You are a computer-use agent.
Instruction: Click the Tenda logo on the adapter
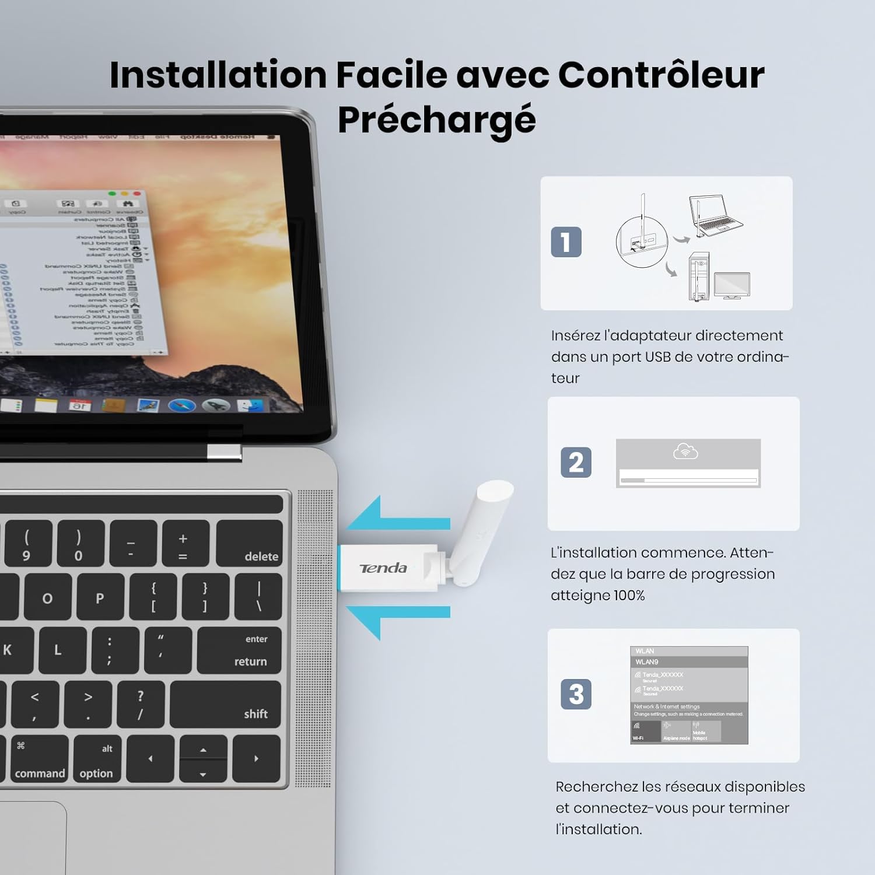(383, 568)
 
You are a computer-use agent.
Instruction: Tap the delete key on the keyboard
(249, 543)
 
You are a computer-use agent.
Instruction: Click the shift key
(226, 704)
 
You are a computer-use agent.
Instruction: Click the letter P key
(100, 597)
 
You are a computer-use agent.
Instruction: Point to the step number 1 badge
(566, 242)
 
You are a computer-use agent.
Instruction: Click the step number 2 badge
(576, 463)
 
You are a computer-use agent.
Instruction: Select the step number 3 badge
(576, 694)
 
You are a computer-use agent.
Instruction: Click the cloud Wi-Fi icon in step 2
(685, 452)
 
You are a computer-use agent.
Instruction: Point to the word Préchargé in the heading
(436, 120)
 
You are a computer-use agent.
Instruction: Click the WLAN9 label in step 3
(647, 662)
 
